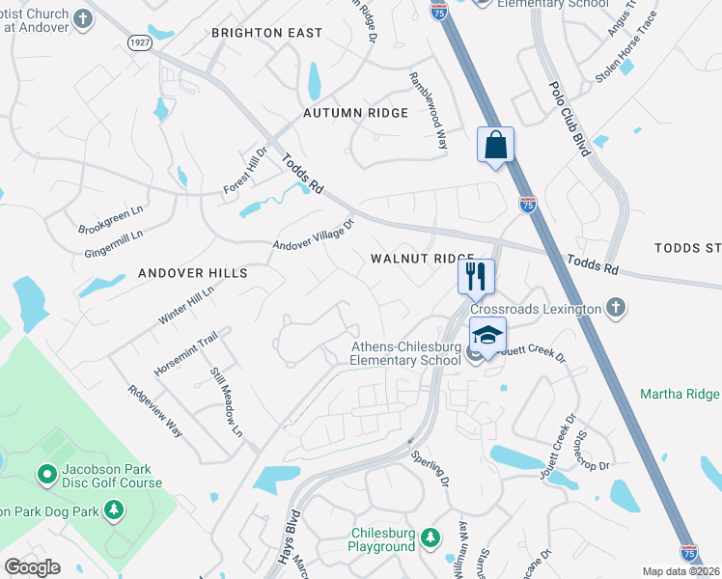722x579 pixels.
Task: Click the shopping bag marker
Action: coord(495,147)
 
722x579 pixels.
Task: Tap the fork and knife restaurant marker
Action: coord(476,276)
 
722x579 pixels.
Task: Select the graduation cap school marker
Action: coord(487,335)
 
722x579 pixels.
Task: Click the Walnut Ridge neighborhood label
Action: coord(423,259)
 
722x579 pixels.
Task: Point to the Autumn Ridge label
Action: coord(355,113)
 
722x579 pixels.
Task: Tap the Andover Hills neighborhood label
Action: coord(193,273)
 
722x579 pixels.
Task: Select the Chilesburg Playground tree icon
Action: coord(433,537)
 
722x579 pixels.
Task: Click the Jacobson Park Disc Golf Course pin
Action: coord(45,473)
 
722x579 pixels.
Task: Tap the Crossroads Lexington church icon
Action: coord(616,309)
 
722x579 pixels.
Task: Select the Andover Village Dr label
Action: coord(314,234)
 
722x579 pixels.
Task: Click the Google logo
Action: coord(32,567)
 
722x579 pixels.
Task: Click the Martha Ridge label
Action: coord(680,394)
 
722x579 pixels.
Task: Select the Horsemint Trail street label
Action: coord(186,353)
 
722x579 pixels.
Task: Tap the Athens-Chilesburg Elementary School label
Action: coord(404,354)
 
